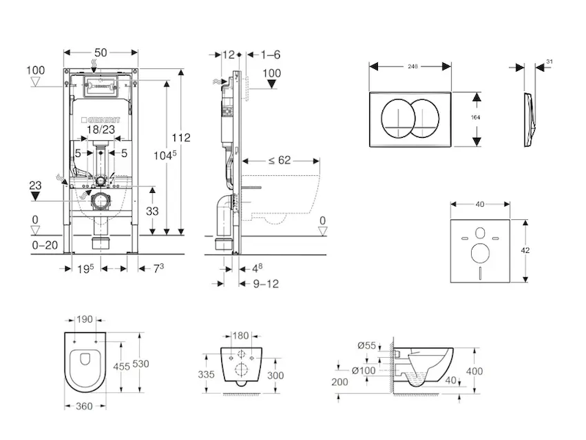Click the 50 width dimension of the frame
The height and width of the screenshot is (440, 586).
101,52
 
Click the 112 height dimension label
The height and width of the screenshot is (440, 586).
183,137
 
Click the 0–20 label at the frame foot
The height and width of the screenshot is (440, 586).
45,246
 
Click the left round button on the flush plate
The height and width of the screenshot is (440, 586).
397,118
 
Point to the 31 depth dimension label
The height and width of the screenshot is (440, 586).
549,61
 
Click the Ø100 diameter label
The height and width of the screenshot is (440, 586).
364,370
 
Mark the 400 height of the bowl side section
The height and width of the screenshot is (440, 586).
475,372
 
